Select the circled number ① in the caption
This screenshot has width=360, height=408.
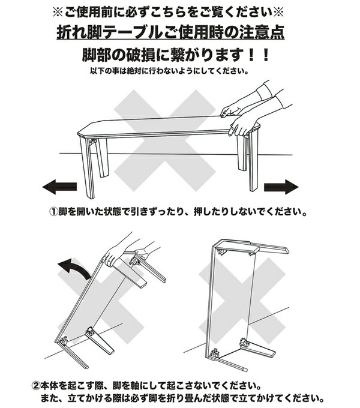point(53,212)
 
